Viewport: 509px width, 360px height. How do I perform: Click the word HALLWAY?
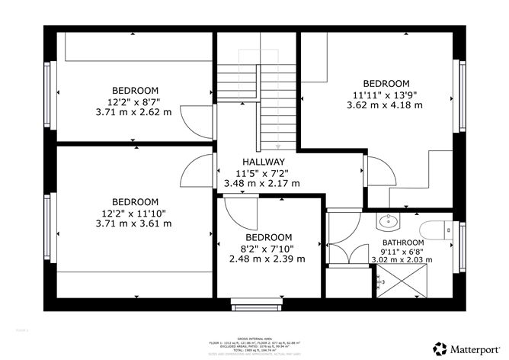[264, 162]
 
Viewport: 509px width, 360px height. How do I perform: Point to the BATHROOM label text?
[402, 243]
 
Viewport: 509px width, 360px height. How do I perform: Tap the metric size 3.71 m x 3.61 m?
[134, 223]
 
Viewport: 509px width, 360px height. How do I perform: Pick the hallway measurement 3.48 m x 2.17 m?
[262, 183]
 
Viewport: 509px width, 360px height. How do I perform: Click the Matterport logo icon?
[440, 347]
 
